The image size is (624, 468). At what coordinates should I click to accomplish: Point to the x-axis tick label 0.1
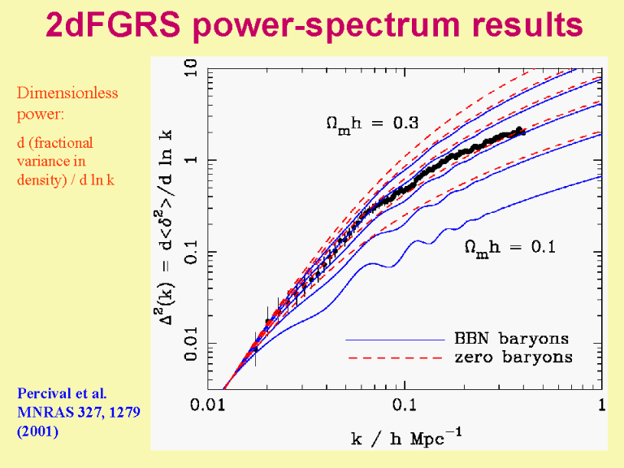point(405,406)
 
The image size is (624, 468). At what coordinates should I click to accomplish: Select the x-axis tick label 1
point(600,406)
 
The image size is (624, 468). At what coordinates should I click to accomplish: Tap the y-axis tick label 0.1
point(191,252)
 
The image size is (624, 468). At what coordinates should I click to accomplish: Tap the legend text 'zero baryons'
point(513,357)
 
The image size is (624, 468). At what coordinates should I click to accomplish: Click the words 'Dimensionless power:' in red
point(67,102)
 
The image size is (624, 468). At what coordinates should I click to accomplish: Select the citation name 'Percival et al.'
point(62,393)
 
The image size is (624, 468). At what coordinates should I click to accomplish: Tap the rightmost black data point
point(522,132)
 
